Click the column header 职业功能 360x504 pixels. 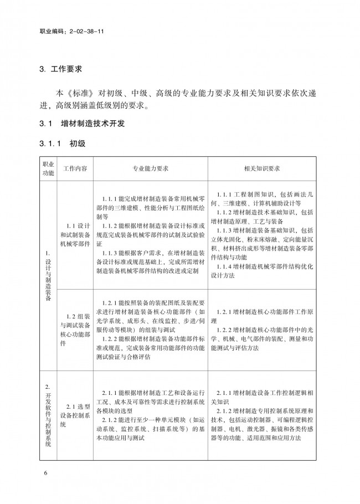tap(48, 168)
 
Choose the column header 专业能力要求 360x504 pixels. tap(150, 168)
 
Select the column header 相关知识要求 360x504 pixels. tap(261, 168)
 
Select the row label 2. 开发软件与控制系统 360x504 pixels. tap(48, 414)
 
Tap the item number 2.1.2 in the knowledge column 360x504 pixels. tap(225, 410)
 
